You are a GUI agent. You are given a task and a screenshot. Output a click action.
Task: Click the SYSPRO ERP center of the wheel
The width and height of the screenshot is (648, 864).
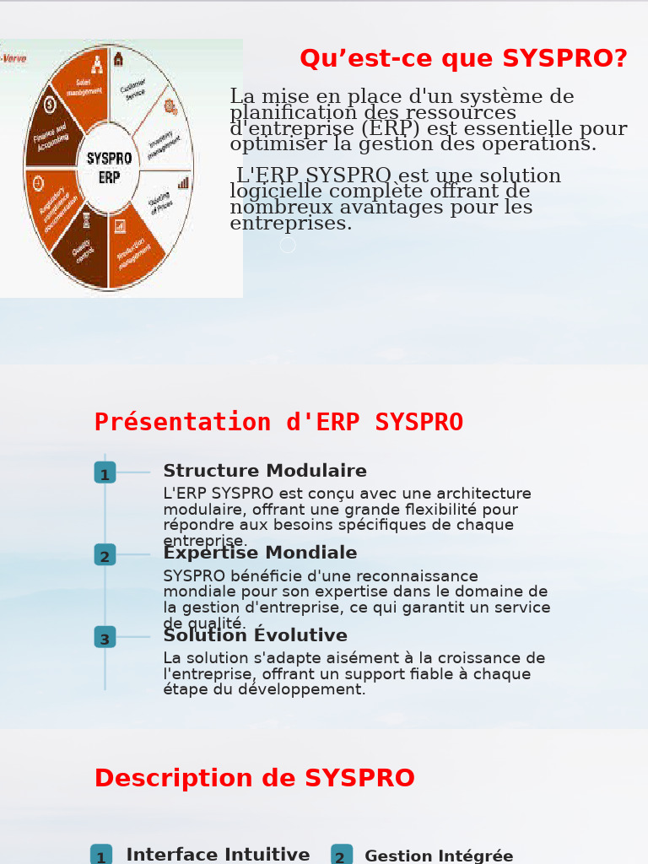[109, 168]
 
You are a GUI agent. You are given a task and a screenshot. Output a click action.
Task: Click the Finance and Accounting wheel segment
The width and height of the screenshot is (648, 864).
[51, 137]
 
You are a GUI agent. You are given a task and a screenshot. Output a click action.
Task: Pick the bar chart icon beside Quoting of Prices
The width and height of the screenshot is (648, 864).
[183, 182]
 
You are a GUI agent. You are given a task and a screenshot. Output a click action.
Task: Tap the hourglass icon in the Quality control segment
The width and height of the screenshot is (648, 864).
[85, 221]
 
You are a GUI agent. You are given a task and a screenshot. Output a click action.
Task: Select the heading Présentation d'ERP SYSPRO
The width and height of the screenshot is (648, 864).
[278, 422]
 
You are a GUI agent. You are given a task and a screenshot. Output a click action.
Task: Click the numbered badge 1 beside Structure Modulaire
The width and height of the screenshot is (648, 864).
[105, 473]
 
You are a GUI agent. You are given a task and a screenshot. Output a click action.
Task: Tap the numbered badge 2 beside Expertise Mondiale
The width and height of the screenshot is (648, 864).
[105, 555]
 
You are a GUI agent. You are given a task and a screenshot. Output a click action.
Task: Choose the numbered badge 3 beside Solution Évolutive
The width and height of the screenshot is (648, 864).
[105, 638]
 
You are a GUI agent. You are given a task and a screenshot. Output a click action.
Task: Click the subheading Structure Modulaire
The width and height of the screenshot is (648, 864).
[265, 471]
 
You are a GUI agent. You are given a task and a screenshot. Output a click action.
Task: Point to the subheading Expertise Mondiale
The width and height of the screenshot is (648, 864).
[260, 553]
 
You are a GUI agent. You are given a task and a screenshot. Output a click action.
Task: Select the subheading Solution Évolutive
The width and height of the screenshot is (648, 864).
[255, 635]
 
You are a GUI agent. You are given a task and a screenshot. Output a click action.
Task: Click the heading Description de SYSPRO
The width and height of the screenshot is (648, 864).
[255, 778]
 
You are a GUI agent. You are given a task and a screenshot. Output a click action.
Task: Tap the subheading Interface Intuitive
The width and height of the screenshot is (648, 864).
[218, 855]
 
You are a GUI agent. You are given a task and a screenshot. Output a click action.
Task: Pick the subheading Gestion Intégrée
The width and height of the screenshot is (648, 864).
[439, 856]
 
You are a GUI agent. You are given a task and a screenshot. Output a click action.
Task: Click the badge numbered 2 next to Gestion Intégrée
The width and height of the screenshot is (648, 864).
[341, 856]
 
